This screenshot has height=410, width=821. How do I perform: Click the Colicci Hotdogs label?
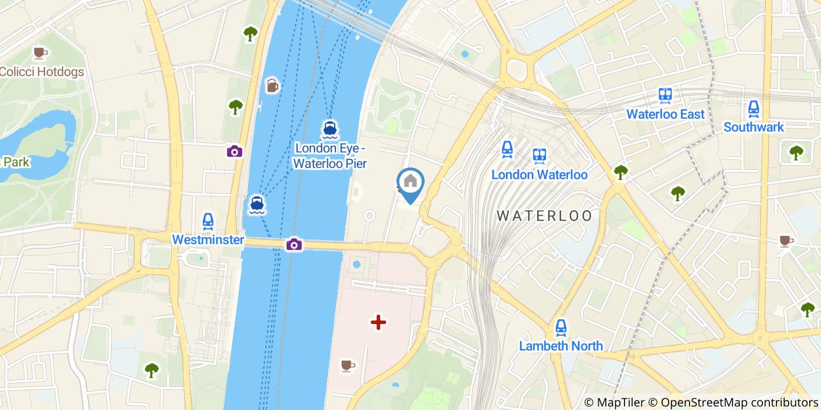tap(42, 72)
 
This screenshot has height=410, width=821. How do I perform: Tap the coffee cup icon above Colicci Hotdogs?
tap(40, 53)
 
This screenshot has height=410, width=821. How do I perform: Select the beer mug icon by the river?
tap(273, 86)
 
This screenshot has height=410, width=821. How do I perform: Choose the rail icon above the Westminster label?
tap(208, 221)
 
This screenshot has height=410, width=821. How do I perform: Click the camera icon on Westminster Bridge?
tap(294, 244)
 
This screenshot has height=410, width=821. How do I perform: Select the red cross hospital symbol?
tap(378, 322)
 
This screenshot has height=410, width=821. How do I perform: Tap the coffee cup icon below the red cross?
tap(348, 366)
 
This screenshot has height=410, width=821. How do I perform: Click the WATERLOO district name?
tap(545, 216)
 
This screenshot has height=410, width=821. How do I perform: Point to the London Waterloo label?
tap(539, 175)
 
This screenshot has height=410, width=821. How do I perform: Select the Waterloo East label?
tap(665, 114)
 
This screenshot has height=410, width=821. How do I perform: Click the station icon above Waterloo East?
tap(665, 95)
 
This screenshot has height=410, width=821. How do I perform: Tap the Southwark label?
tap(754, 127)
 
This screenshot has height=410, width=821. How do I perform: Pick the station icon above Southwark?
tap(754, 108)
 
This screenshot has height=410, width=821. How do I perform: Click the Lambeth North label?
tap(561, 346)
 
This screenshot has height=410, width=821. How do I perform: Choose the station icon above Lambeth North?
tap(561, 327)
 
